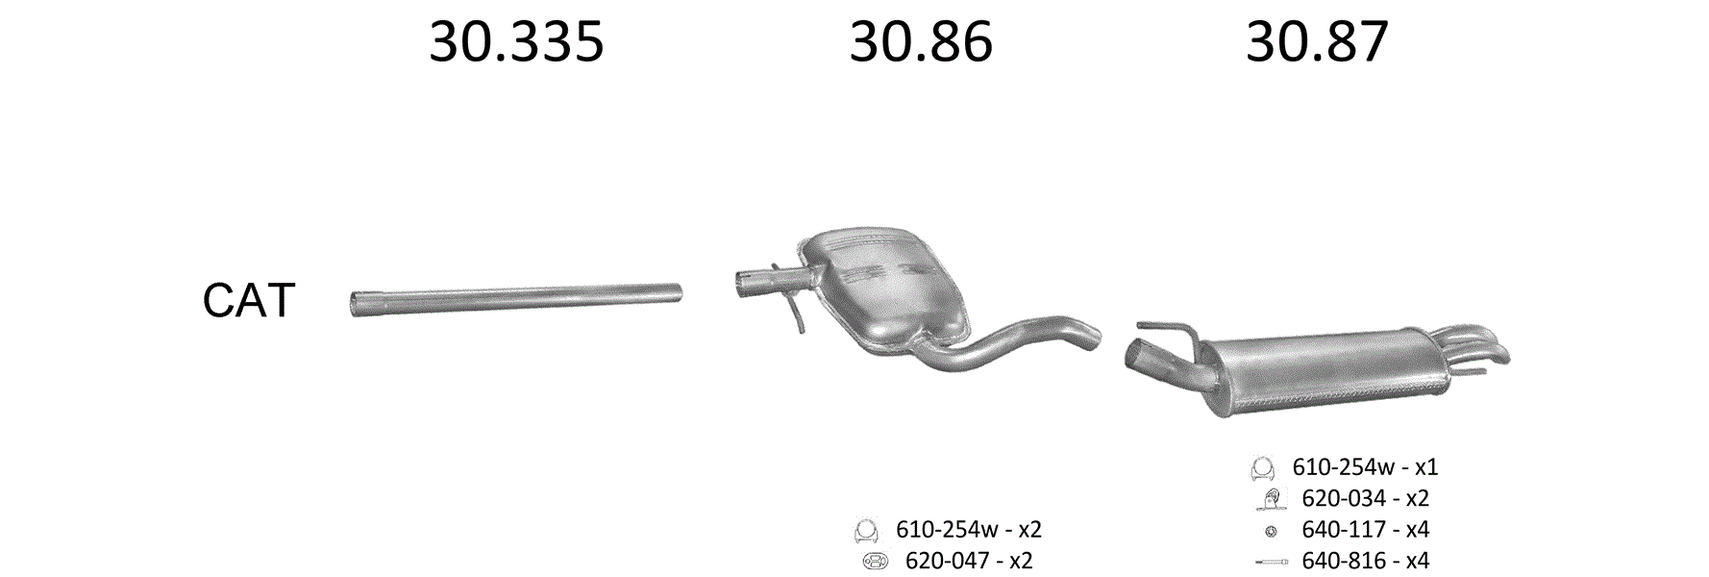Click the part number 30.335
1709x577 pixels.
tap(516, 42)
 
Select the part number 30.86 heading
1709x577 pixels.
tap(921, 42)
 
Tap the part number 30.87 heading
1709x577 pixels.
tap(1317, 42)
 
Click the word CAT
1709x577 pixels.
tap(248, 301)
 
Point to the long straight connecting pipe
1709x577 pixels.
tap(516, 299)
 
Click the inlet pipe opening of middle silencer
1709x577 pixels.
tap(743, 281)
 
